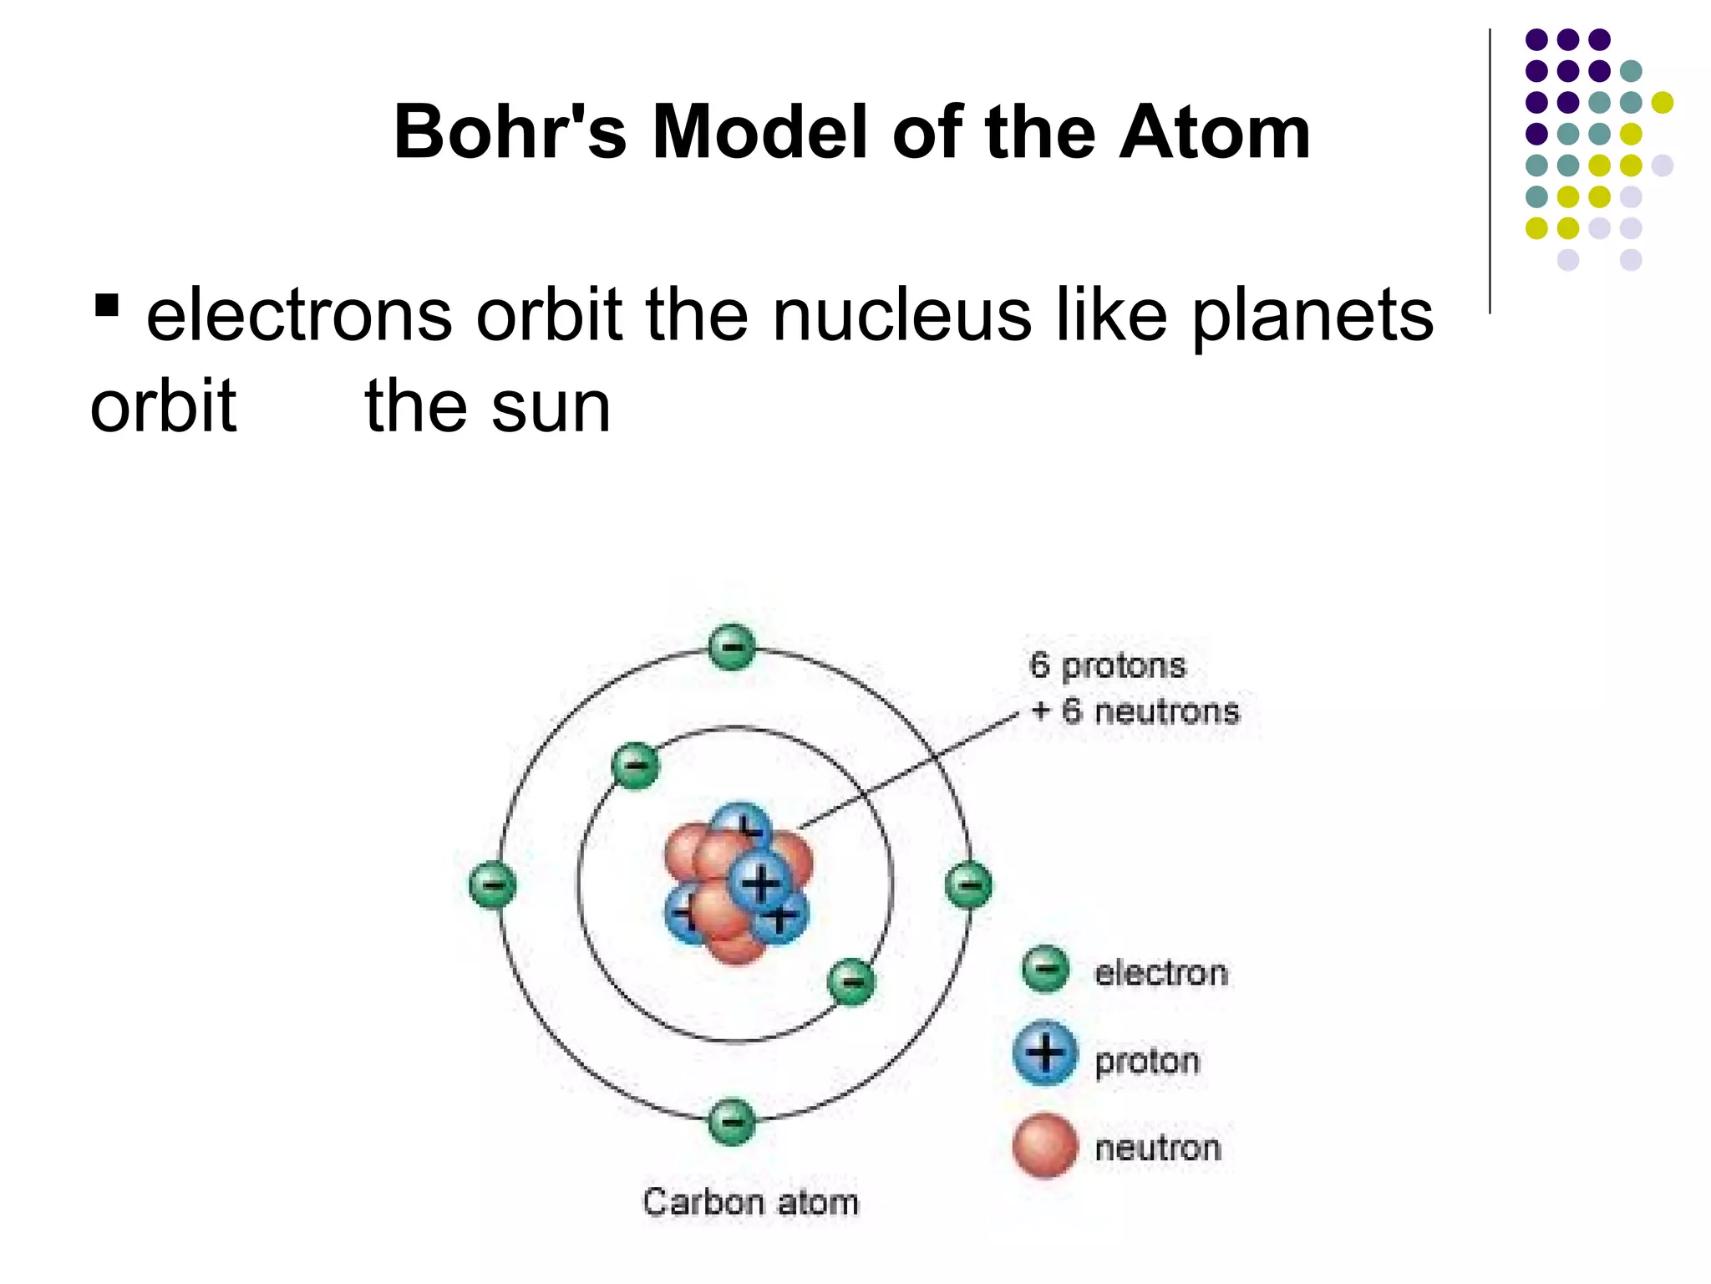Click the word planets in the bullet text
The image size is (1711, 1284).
coord(1312,315)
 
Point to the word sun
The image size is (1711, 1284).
coord(551,407)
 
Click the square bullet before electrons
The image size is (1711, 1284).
coord(106,305)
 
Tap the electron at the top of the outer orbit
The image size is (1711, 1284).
coord(732,647)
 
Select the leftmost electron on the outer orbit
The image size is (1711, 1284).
coord(492,884)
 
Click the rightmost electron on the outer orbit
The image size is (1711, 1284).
coord(969,884)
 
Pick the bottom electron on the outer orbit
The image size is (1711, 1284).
coord(732,1122)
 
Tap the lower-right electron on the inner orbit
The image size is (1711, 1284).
coord(851,981)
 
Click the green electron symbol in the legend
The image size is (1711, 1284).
coord(1045,970)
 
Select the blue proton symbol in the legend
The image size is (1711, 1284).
coord(1045,1053)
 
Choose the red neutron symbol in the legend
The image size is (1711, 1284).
coord(1045,1145)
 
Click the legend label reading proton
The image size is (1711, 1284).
coord(1148,1062)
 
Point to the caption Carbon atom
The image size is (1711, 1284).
coord(750,1202)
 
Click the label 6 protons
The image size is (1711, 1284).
coord(1108,666)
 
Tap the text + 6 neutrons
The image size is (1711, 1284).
coord(1135,711)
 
